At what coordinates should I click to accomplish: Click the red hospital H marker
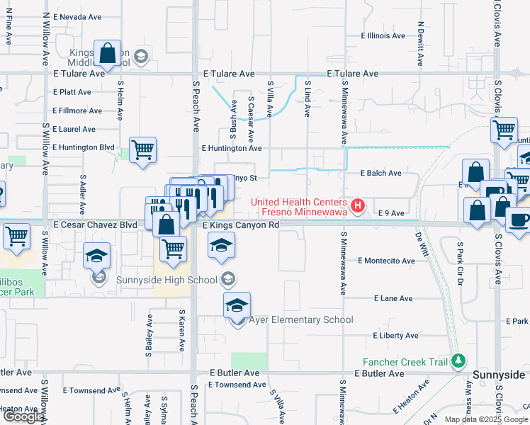coord(359,206)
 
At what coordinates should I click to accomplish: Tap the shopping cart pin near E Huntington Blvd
coord(143,150)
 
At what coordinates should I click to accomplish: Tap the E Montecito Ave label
coord(386,261)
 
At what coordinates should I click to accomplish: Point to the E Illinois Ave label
coord(383,35)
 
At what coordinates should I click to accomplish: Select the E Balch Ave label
coord(380,173)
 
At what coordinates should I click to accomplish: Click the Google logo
coord(23,417)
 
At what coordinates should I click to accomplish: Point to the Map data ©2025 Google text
coord(485,419)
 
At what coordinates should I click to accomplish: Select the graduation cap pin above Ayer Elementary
coord(237,305)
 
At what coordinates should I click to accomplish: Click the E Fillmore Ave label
coord(77,110)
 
